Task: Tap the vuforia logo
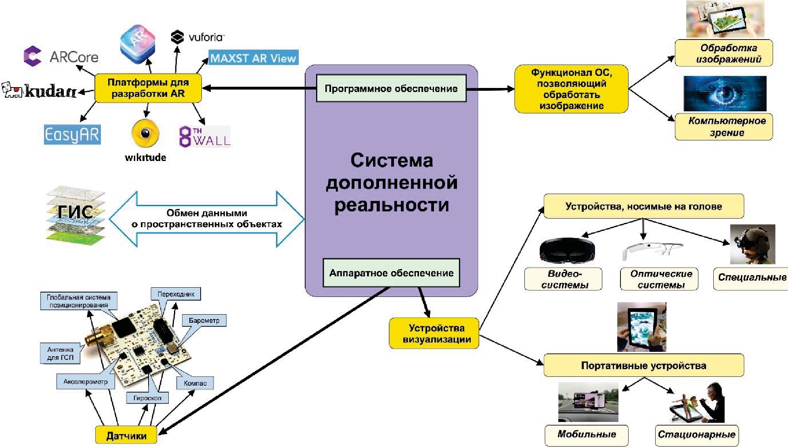[x=197, y=37]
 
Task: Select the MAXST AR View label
[x=253, y=58]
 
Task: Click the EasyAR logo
[x=72, y=134]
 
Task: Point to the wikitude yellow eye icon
[x=145, y=133]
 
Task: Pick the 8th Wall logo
[x=205, y=136]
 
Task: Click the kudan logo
[x=40, y=91]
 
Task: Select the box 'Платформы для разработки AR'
[x=148, y=88]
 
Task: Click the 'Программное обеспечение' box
[x=391, y=88]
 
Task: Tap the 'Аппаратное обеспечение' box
[x=391, y=273]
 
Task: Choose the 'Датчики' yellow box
[x=126, y=435]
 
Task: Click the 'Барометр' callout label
[x=204, y=320]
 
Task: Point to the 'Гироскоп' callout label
[x=147, y=398]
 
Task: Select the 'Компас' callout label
[x=195, y=383]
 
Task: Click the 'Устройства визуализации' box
[x=434, y=333]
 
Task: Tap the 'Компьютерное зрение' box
[x=724, y=127]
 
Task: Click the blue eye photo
[x=725, y=94]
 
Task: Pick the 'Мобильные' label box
[x=587, y=434]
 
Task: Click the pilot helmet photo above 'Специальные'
[x=752, y=244]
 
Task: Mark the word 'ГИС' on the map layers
[x=75, y=212]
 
